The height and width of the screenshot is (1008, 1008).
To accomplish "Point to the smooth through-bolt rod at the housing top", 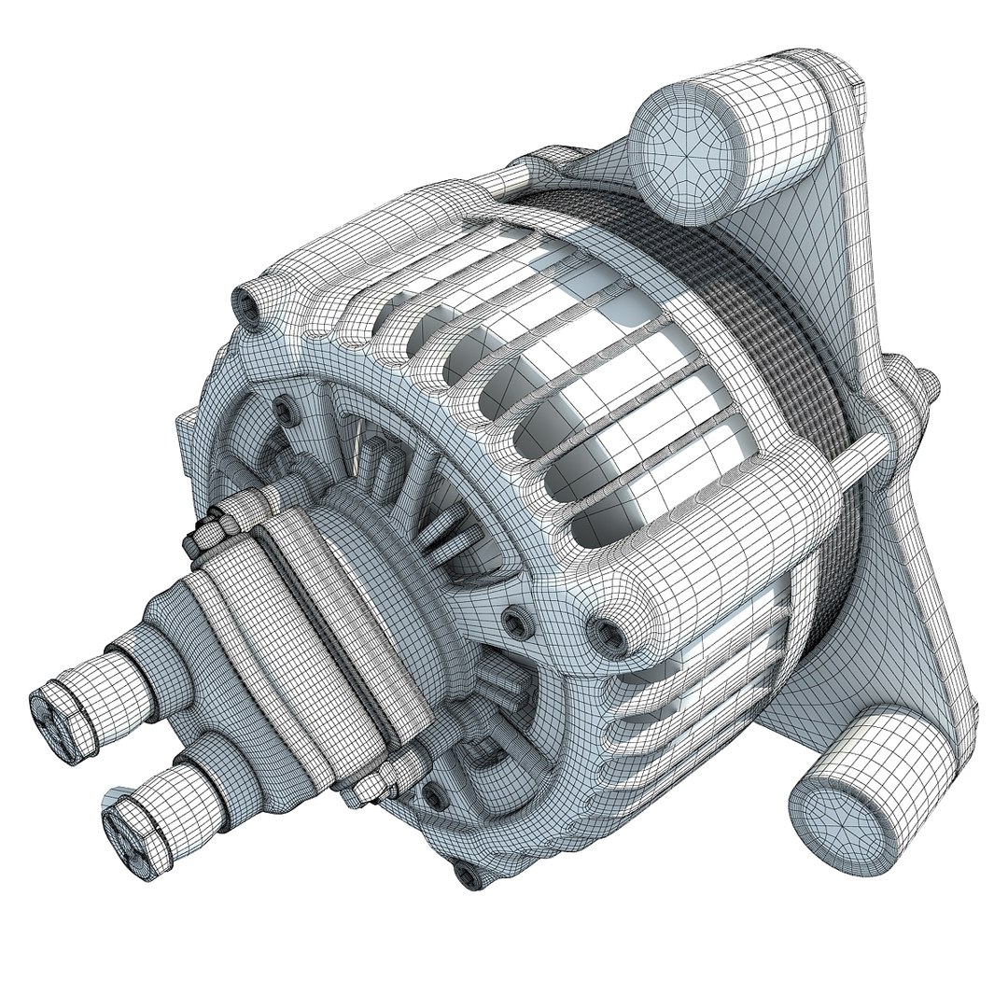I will pyautogui.click(x=518, y=178).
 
